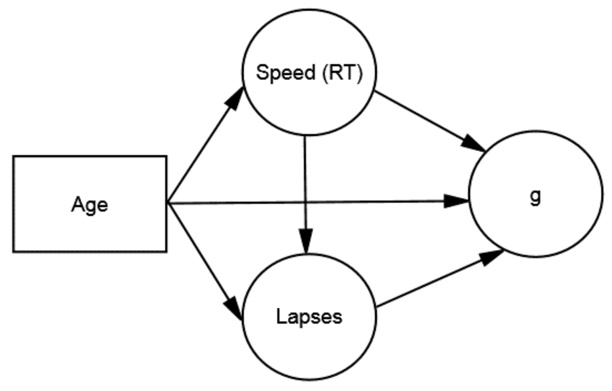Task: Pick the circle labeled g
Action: [535, 226]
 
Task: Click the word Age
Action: [90, 205]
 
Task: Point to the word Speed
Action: [285, 73]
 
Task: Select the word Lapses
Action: [309, 317]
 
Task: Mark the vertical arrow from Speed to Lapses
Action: [305, 169]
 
